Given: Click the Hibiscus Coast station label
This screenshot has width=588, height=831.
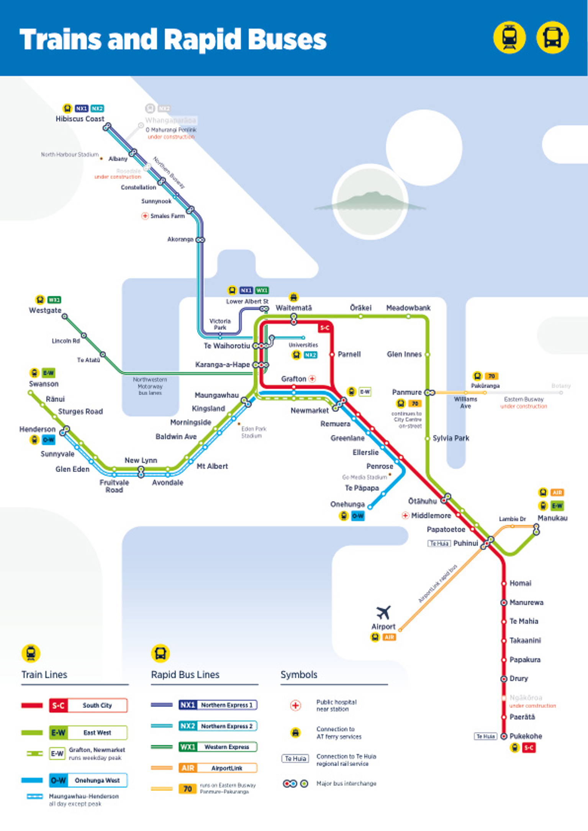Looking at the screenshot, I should (80, 119).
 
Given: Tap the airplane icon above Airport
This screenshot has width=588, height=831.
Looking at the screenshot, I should (383, 612).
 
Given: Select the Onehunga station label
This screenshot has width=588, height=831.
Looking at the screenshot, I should (347, 504).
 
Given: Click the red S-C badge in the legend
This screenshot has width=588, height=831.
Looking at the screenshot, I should (58, 705).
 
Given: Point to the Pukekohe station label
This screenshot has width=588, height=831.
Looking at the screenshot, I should (526, 736).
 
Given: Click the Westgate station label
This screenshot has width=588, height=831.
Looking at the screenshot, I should (45, 310).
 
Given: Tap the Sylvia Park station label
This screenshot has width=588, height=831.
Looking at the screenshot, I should (450, 438).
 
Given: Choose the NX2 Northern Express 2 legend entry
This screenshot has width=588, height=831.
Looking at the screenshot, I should (218, 726).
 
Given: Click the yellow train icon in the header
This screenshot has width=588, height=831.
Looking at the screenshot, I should (509, 38).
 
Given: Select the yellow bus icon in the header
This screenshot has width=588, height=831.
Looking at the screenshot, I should (552, 38).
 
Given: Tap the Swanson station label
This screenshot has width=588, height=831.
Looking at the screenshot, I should (44, 384).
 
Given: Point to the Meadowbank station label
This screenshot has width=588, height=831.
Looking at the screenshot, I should (408, 308).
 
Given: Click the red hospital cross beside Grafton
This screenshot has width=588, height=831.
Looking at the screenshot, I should (312, 379).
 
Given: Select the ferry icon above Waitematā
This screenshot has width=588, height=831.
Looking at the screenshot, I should (293, 297).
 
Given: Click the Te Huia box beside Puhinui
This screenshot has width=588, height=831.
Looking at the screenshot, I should (439, 543).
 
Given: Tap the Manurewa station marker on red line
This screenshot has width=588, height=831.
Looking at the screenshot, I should (504, 602).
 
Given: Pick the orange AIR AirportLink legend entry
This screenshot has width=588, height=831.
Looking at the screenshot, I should (218, 768).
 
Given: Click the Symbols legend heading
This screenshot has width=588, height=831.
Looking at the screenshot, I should (299, 675).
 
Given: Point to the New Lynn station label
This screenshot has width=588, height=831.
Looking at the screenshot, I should (141, 460).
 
